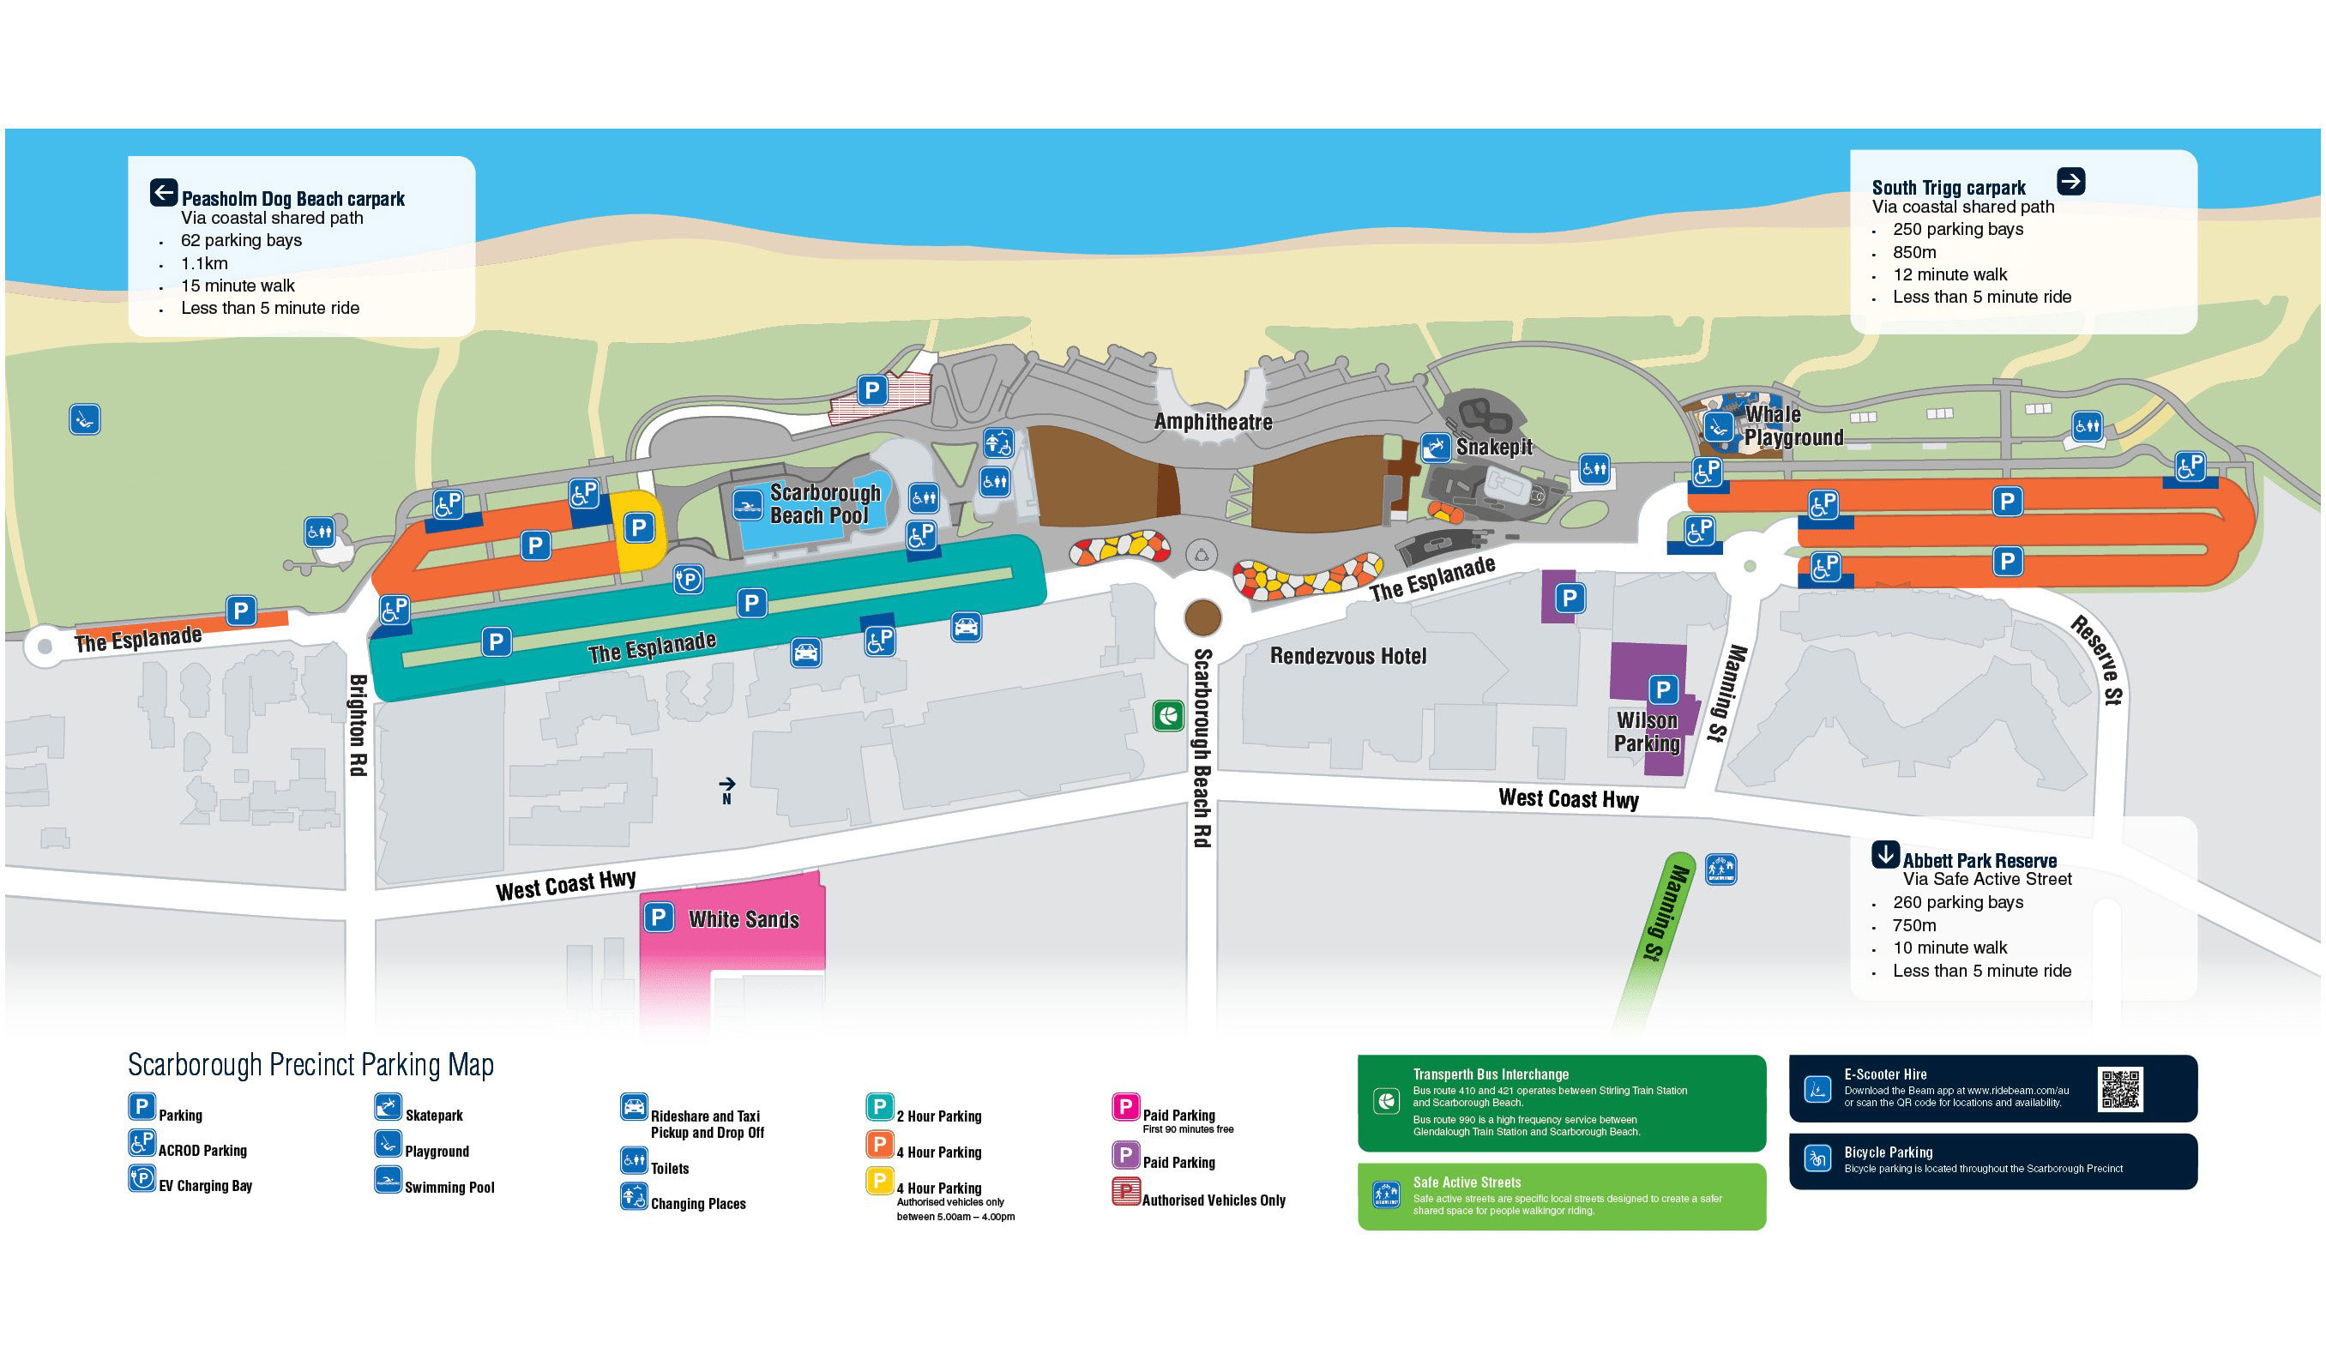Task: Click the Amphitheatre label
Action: (x=1212, y=422)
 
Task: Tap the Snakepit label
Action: (x=1493, y=448)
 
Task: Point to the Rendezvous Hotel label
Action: (x=1347, y=656)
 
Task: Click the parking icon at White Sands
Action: (x=658, y=918)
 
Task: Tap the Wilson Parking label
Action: (x=1647, y=731)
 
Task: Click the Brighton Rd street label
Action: (x=358, y=725)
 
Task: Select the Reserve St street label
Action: (x=2100, y=660)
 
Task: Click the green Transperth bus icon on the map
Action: (x=1167, y=714)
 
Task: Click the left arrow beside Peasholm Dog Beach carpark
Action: (x=164, y=192)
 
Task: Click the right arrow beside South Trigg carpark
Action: (x=2070, y=181)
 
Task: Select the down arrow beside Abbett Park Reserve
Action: (x=1884, y=853)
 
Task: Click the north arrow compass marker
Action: (x=726, y=789)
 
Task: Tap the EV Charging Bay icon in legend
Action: (x=142, y=1178)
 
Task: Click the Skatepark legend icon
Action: (x=388, y=1107)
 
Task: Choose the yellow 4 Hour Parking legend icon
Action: (x=879, y=1181)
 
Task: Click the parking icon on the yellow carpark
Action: (x=639, y=528)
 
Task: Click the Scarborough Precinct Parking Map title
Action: (x=310, y=1065)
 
